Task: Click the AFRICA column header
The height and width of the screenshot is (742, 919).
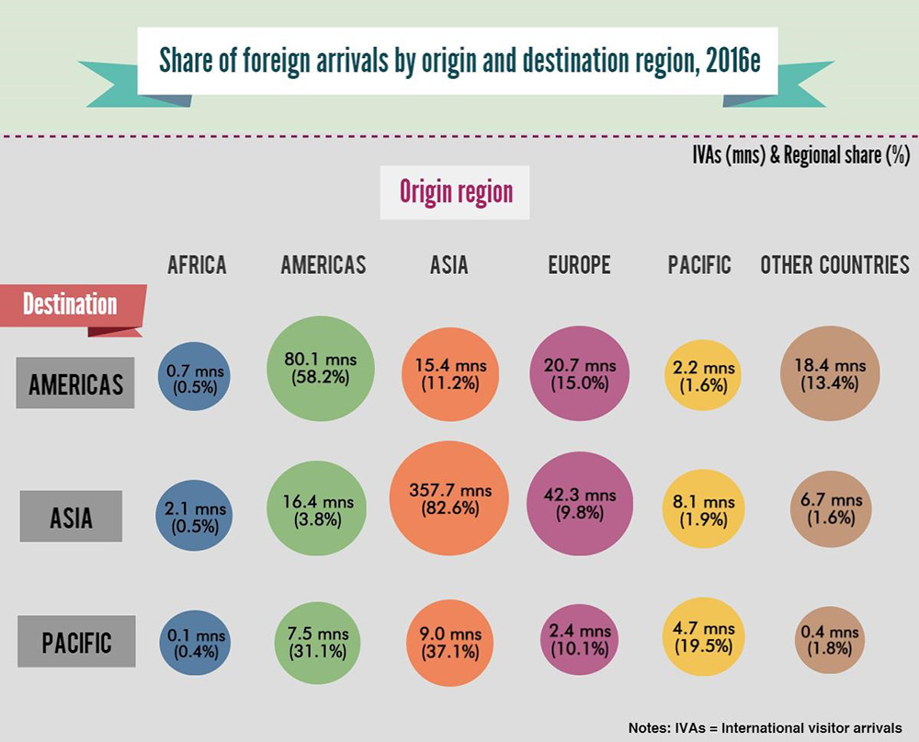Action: point(197,266)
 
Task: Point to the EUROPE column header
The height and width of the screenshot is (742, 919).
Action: point(579,266)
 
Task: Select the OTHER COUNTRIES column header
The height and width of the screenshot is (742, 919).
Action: point(834,266)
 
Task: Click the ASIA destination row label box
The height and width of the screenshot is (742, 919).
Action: point(72,517)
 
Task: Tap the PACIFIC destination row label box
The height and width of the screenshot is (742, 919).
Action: point(76,641)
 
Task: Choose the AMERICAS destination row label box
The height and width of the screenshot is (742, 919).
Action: point(76,382)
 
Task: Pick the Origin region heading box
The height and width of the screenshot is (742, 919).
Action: point(455,192)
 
